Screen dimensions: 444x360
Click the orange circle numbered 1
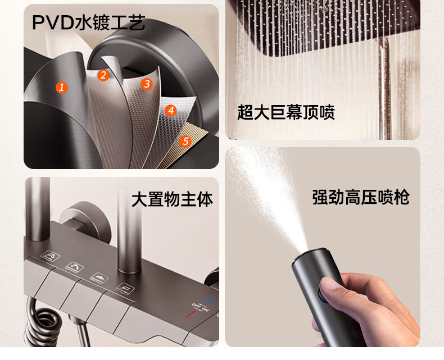(x=61, y=88)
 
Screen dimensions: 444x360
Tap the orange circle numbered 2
(x=103, y=75)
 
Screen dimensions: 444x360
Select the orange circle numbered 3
(x=146, y=84)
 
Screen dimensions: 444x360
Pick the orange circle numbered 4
(x=170, y=111)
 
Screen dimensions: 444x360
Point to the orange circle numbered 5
(x=185, y=141)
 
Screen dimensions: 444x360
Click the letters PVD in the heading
(x=53, y=22)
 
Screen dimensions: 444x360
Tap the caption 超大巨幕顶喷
(x=286, y=112)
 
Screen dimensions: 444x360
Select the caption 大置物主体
(x=172, y=199)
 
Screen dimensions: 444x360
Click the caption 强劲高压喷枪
(x=361, y=197)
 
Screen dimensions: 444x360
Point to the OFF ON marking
(x=201, y=307)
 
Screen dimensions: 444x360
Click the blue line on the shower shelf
(x=210, y=300)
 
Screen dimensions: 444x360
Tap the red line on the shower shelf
(x=191, y=314)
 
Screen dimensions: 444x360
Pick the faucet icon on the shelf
(x=99, y=277)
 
